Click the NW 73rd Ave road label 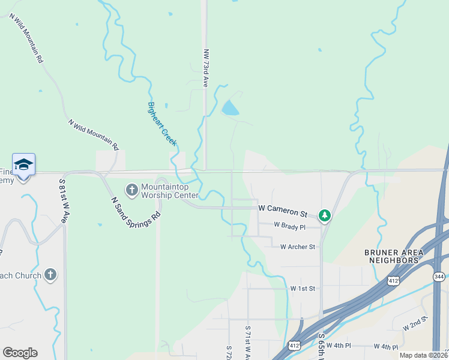click(x=205, y=68)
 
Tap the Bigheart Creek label click(x=162, y=124)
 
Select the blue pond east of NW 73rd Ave click(x=229, y=109)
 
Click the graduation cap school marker click(x=23, y=165)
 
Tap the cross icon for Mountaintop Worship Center click(x=131, y=190)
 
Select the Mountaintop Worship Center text click(x=169, y=191)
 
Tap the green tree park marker click(x=325, y=215)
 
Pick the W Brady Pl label click(x=289, y=226)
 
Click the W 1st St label click(x=303, y=289)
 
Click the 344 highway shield click(x=439, y=276)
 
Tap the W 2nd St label click(x=417, y=323)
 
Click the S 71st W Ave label click(x=247, y=342)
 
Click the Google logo click(x=20, y=353)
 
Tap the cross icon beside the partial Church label click(x=50, y=275)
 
